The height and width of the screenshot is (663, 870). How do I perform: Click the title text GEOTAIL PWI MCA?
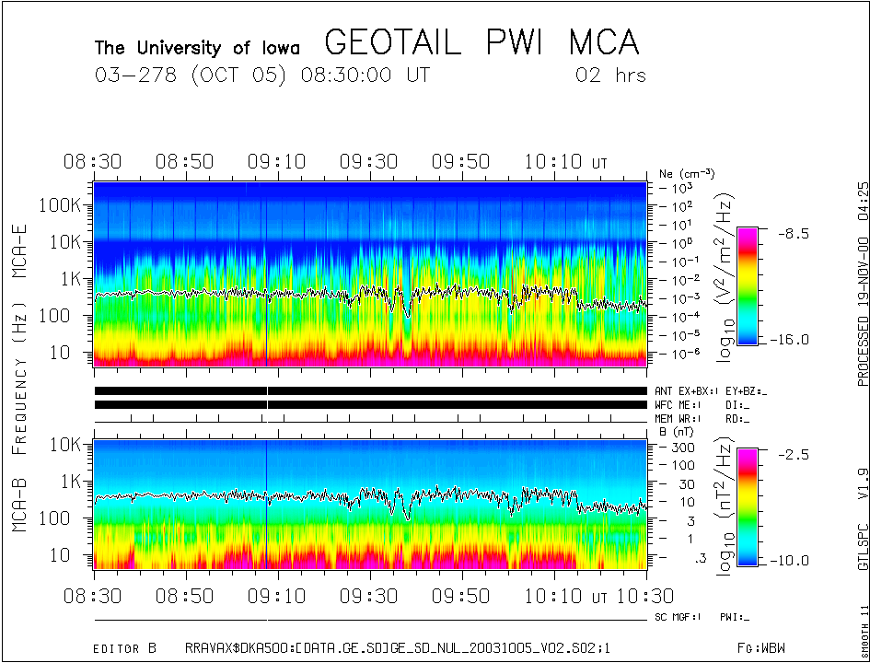(481, 43)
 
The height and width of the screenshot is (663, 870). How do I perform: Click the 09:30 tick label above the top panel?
(368, 162)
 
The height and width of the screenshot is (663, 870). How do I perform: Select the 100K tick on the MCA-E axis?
(62, 204)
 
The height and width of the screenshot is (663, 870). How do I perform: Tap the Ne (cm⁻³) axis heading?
(687, 173)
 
